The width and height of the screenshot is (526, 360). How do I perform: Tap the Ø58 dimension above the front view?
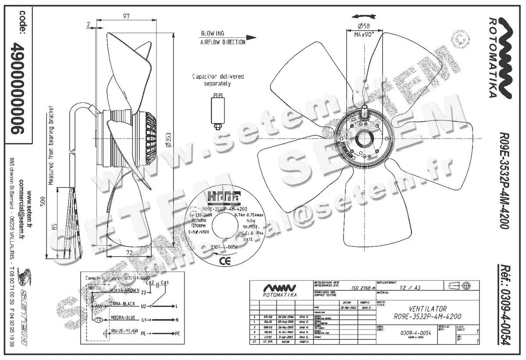click(x=363, y=26)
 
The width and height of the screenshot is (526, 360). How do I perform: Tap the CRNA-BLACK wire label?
click(x=122, y=303)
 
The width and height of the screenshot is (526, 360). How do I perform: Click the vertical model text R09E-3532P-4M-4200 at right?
click(x=504, y=181)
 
